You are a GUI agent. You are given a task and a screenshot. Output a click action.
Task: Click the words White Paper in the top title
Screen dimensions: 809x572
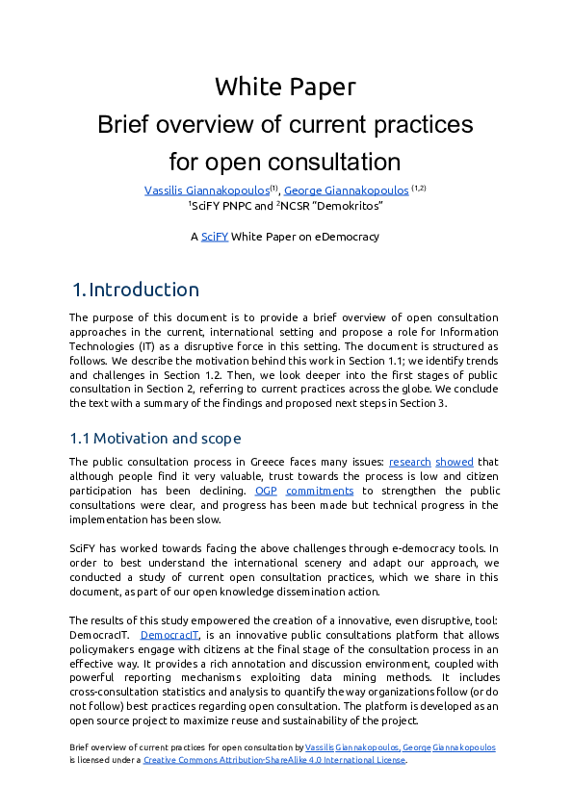(x=285, y=87)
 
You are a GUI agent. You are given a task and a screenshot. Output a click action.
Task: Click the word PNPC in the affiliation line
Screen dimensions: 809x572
(x=237, y=206)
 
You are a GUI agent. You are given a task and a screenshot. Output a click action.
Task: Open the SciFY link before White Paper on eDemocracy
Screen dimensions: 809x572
(x=215, y=237)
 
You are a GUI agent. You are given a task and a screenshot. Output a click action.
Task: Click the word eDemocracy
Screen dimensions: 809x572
(x=345, y=237)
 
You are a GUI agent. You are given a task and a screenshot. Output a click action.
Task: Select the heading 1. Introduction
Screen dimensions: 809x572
(x=136, y=290)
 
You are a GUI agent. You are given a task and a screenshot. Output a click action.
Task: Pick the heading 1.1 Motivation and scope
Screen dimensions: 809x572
(x=155, y=439)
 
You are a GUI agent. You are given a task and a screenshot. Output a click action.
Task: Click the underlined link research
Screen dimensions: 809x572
(x=409, y=462)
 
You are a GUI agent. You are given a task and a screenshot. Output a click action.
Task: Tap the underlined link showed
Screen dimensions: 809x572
(x=454, y=462)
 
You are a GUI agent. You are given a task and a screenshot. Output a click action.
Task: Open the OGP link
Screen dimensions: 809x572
(x=267, y=491)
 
